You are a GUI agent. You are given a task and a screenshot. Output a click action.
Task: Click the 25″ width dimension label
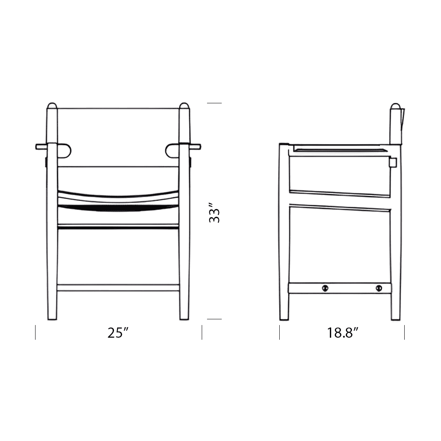click(118, 333)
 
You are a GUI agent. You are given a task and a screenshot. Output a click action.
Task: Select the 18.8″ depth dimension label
click(342, 333)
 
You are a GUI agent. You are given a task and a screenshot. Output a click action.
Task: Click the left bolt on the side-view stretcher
click(326, 288)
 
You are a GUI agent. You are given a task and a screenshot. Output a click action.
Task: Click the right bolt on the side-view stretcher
click(379, 288)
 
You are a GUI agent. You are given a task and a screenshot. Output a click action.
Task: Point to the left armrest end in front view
click(41, 146)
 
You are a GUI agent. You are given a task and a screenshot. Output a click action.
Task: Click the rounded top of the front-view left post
click(52, 107)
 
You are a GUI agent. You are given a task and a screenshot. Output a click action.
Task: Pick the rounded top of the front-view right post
click(185, 107)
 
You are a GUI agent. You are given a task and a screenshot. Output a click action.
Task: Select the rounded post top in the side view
click(394, 107)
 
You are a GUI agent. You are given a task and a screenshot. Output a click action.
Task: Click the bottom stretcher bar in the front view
click(118, 287)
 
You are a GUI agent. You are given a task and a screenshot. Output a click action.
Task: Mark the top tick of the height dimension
click(214, 103)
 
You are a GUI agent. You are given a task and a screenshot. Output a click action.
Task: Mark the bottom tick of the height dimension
click(214, 319)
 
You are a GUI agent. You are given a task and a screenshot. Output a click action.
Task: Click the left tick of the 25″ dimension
click(36, 332)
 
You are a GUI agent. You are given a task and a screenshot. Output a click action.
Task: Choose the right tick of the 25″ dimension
click(202, 332)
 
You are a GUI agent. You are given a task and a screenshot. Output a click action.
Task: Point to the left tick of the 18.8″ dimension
click(280, 332)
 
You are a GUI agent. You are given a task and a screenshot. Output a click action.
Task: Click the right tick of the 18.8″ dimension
click(404, 332)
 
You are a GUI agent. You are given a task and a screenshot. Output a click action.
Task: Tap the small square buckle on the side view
click(393, 163)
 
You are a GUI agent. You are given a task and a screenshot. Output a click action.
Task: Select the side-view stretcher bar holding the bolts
click(351, 288)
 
